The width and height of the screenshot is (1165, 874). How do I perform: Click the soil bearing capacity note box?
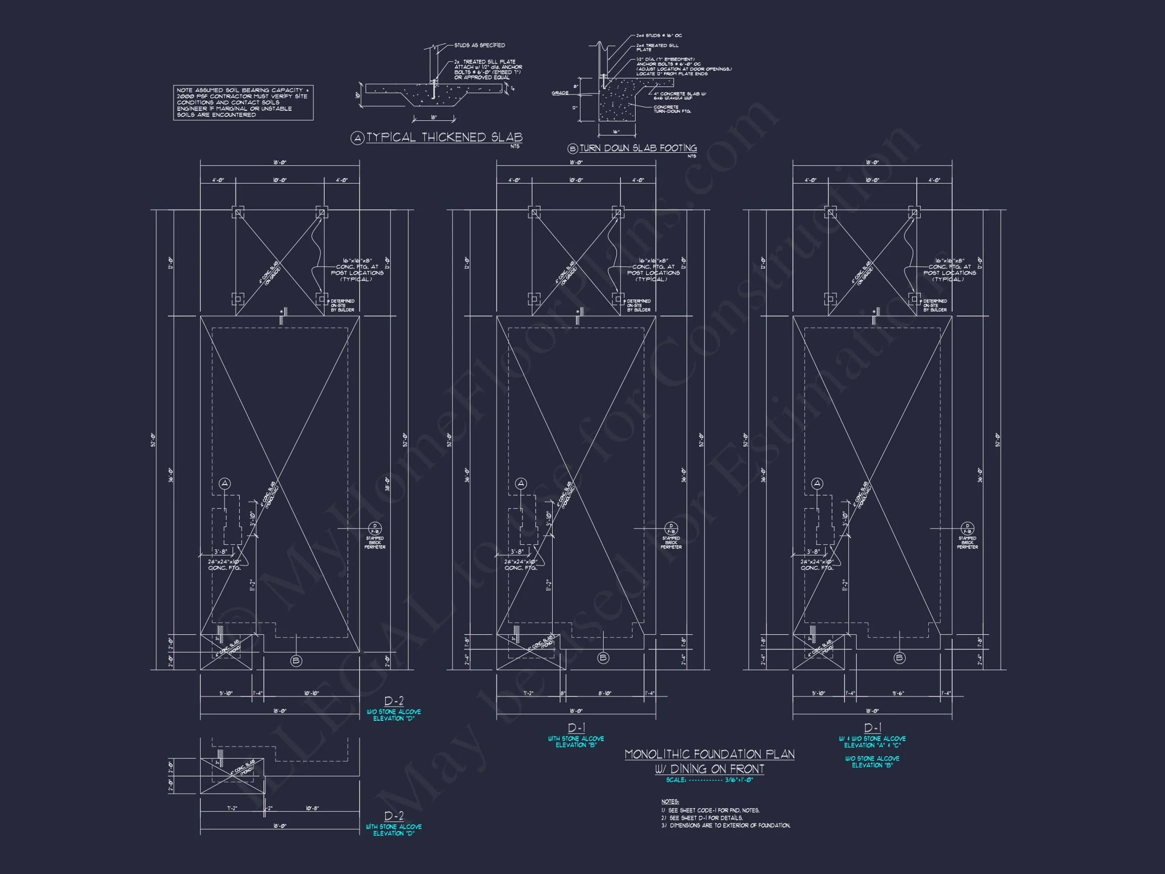243,102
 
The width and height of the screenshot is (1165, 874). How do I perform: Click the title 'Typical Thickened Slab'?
444,138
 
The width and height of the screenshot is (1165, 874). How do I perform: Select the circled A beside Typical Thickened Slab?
357,139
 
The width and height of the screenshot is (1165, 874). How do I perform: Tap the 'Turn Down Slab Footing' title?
638,149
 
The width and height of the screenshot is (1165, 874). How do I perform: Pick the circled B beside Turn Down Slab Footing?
572,149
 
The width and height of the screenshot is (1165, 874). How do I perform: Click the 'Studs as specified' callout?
479,46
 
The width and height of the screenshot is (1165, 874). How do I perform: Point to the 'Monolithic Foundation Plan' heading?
709,755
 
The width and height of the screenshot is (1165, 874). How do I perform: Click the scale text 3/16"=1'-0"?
739,780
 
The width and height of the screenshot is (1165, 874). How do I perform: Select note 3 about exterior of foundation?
726,825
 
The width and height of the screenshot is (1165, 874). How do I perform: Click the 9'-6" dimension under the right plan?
898,693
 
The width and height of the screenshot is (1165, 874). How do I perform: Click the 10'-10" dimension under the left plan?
312,693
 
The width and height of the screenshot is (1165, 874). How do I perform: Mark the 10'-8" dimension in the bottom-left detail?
312,808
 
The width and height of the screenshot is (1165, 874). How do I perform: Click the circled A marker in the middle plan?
521,484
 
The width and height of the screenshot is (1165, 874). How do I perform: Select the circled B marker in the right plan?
900,658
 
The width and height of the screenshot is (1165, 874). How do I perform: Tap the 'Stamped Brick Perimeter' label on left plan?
375,543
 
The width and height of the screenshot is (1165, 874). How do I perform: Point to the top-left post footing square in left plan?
238,213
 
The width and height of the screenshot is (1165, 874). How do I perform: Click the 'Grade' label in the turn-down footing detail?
559,93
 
